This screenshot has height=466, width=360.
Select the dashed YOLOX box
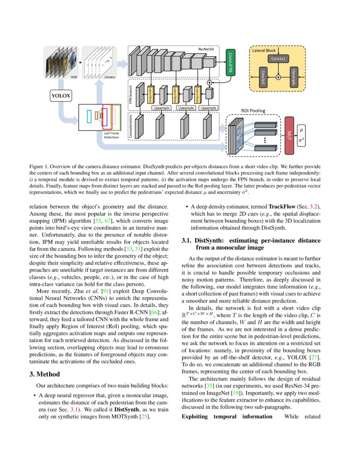pos(61,96)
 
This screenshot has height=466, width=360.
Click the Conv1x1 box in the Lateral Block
pos(278,58)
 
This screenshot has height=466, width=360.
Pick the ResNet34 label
pos(206,50)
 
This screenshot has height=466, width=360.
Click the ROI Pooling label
pos(253,111)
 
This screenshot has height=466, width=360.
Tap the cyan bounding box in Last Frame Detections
pos(89,116)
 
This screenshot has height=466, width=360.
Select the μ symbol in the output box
pos(302,130)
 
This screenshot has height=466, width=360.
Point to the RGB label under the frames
pos(74,77)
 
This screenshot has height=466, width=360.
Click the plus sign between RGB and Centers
pos(80,62)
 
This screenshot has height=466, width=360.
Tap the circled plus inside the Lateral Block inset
pos(278,77)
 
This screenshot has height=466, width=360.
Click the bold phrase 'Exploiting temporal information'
pos(227,416)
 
